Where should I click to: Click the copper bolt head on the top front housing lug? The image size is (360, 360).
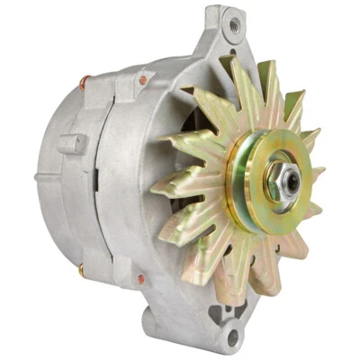click(x=141, y=83)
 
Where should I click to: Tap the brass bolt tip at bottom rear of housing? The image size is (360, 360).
click(x=81, y=268)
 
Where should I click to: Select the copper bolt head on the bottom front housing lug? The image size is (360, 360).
click(x=140, y=282)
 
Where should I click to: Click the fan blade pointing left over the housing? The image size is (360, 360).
click(x=175, y=190)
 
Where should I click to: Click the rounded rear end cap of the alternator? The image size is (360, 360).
click(x=54, y=180)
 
